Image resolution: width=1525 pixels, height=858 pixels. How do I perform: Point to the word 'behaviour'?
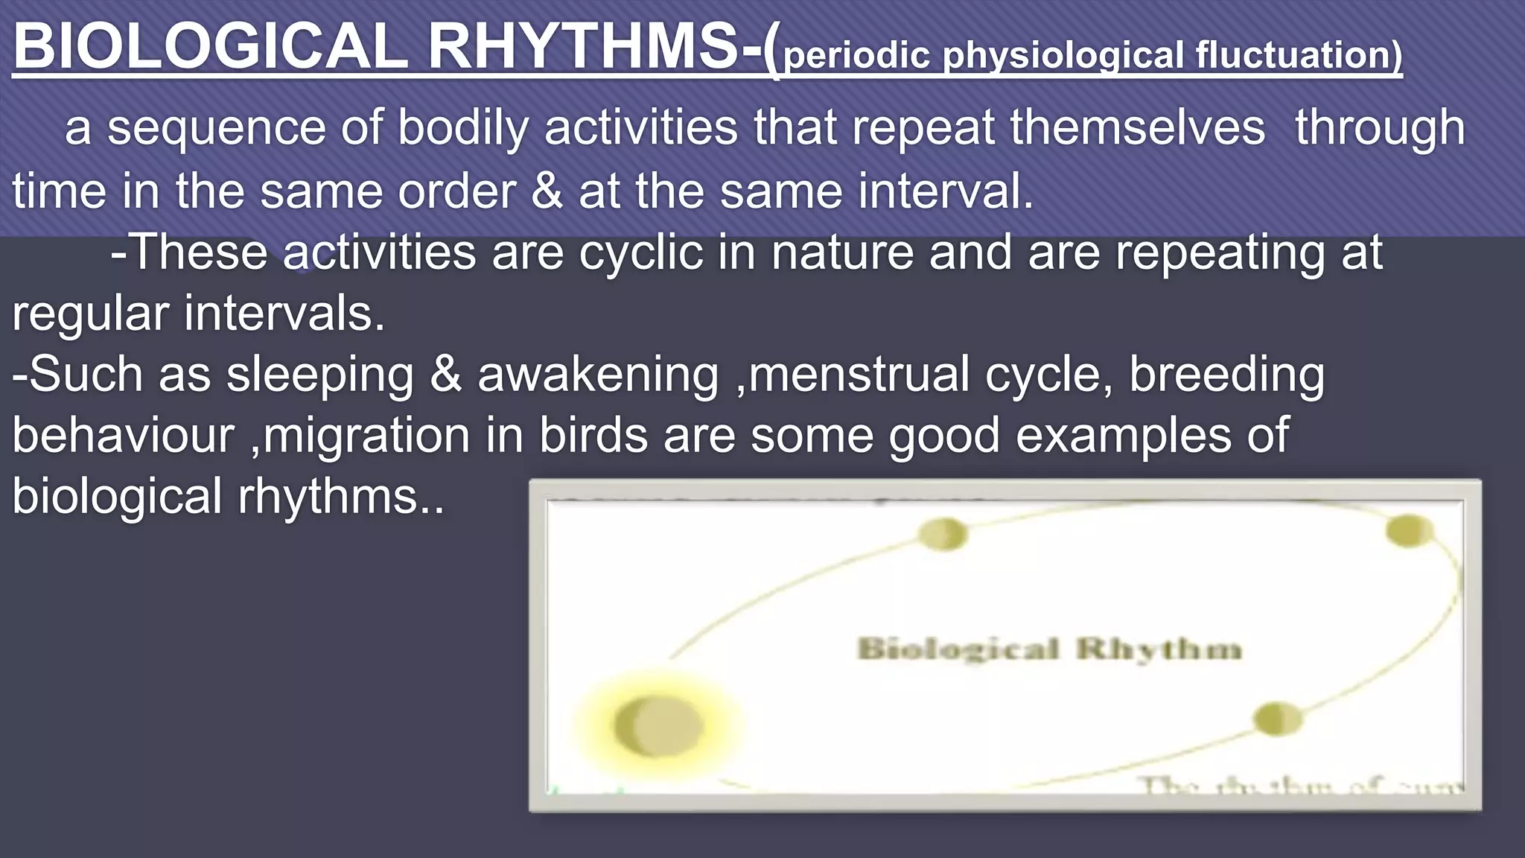click(x=124, y=436)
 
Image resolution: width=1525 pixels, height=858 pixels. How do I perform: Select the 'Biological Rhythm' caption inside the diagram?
click(x=1049, y=649)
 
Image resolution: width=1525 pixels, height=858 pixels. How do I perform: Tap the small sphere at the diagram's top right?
click(x=1408, y=531)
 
